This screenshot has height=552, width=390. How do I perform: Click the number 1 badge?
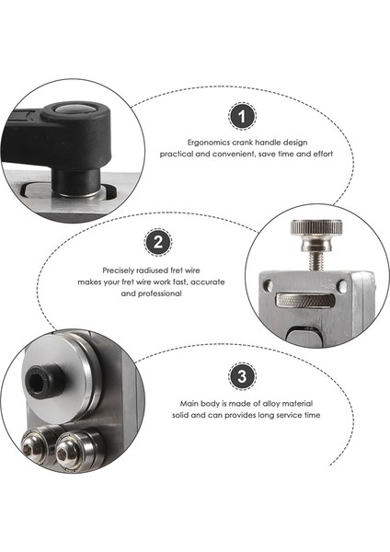(242, 116)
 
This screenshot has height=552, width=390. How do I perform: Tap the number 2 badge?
(158, 243)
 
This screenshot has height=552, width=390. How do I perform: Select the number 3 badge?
(242, 376)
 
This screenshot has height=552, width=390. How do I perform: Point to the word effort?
(323, 154)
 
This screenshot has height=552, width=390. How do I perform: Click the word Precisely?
(119, 270)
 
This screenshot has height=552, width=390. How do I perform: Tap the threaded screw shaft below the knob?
(315, 261)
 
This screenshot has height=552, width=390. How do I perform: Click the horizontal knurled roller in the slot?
(305, 301)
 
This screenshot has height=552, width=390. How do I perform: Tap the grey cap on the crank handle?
(73, 109)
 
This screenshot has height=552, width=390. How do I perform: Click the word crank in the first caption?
(243, 143)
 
